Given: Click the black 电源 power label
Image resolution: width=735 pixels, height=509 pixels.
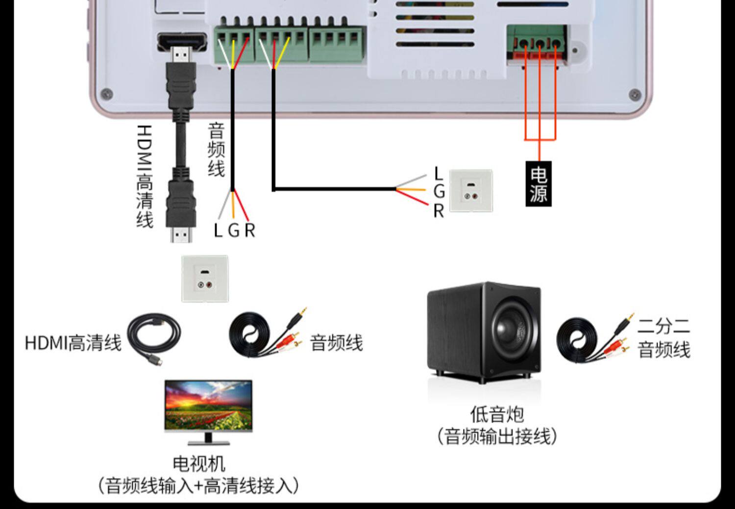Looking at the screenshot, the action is click(539, 184).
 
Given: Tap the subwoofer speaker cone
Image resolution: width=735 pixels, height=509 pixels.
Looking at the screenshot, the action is click(511, 328).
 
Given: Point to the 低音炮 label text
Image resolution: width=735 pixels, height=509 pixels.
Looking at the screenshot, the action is click(497, 414).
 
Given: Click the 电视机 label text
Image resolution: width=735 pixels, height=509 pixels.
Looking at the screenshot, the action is click(198, 463).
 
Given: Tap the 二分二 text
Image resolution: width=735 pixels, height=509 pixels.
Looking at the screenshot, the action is click(663, 326).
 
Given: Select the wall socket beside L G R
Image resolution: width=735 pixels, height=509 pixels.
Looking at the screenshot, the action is click(470, 190).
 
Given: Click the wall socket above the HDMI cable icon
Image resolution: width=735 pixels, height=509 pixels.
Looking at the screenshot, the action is click(205, 278).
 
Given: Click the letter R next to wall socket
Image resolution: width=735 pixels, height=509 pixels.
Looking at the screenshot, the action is click(438, 211).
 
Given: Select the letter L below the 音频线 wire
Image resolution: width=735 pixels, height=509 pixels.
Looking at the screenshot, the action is click(218, 230).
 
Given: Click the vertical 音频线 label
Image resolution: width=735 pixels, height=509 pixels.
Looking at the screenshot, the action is click(216, 150).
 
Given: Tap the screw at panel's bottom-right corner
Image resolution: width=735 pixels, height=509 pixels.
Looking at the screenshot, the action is click(634, 94).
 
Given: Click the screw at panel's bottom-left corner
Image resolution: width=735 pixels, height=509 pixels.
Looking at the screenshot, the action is click(106, 93).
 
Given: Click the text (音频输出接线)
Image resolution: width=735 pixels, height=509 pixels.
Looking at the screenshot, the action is click(497, 435).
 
